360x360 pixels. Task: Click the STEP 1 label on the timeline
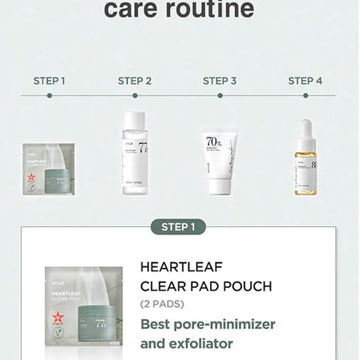pyautogui.click(x=49, y=81)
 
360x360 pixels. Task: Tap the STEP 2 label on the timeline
pyautogui.click(x=135, y=81)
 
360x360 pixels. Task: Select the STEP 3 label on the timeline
pyautogui.click(x=220, y=81)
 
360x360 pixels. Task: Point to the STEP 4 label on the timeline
pyautogui.click(x=306, y=81)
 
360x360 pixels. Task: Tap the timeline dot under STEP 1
pyautogui.click(x=49, y=96)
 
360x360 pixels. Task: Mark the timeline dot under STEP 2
pyautogui.click(x=135, y=96)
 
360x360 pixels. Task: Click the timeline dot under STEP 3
pyautogui.click(x=220, y=96)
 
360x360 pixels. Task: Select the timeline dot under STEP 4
pyautogui.click(x=306, y=96)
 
